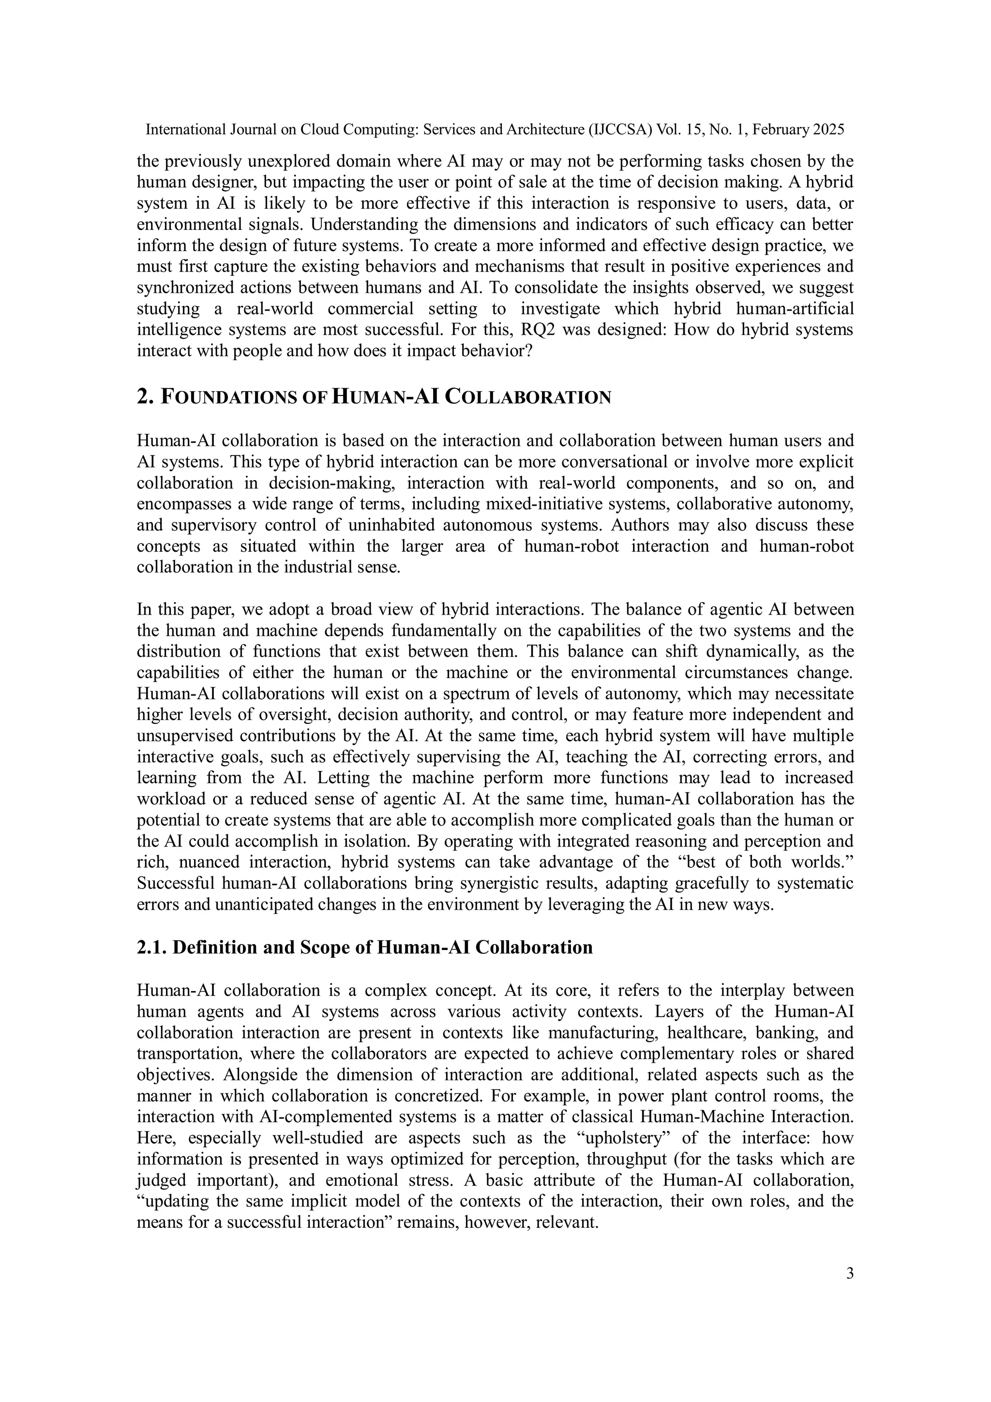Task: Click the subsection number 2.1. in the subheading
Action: [152, 947]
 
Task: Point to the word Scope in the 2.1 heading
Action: [323, 947]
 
